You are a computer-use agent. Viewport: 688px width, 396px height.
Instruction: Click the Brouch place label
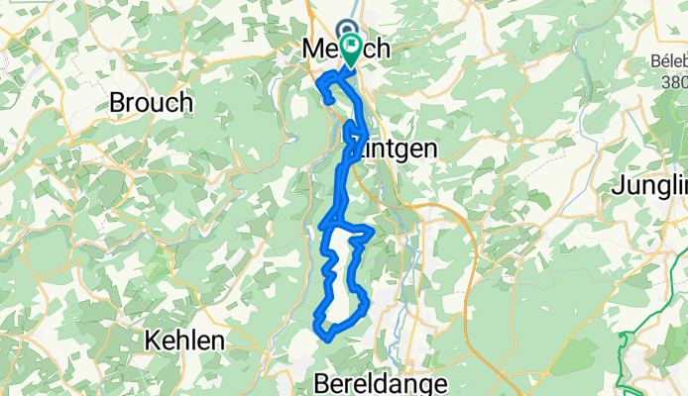coord(151,102)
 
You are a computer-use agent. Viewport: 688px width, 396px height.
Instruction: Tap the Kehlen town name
coord(183,340)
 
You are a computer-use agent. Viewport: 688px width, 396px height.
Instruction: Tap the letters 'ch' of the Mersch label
coord(377,49)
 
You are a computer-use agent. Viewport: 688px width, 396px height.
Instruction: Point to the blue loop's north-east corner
coord(371,231)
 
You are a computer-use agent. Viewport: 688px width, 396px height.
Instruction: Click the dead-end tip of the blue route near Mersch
coord(327,101)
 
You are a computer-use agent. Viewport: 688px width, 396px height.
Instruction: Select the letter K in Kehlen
coord(152,340)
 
